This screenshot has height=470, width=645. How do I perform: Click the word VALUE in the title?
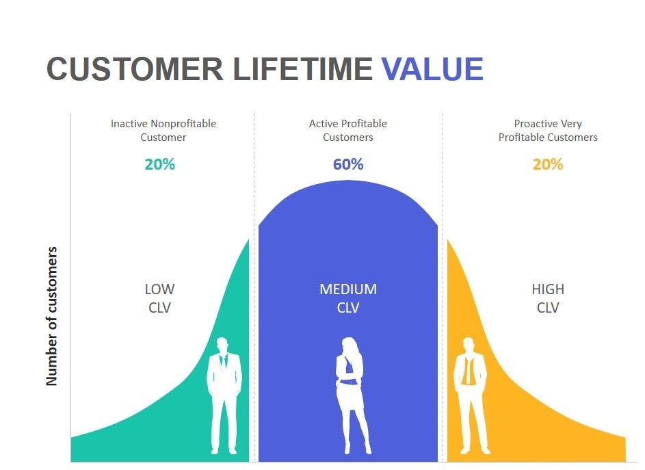pos(432,68)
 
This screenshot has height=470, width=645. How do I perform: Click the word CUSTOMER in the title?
pos(135,68)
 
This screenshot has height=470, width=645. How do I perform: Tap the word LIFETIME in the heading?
pos(303,68)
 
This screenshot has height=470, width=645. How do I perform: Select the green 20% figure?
pos(159,164)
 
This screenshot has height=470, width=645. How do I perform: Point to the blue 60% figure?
pos(348,164)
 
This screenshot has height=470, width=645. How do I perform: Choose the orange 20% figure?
pos(547,164)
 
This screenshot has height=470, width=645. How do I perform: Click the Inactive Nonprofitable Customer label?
pos(163,130)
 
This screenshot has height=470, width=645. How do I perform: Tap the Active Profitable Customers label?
pos(348,130)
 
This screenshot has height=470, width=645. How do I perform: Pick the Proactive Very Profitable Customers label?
pos(548,130)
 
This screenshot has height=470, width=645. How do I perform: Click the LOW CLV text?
pos(159,298)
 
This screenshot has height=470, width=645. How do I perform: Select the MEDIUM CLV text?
pos(348,298)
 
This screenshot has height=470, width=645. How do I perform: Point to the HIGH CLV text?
pos(548,298)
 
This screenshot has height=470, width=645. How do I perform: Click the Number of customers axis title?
pos(52,316)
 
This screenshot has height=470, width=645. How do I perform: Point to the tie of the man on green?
pos(224,361)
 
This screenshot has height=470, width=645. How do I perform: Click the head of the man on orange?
pos(469,345)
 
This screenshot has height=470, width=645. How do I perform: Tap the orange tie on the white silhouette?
pos(468,369)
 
